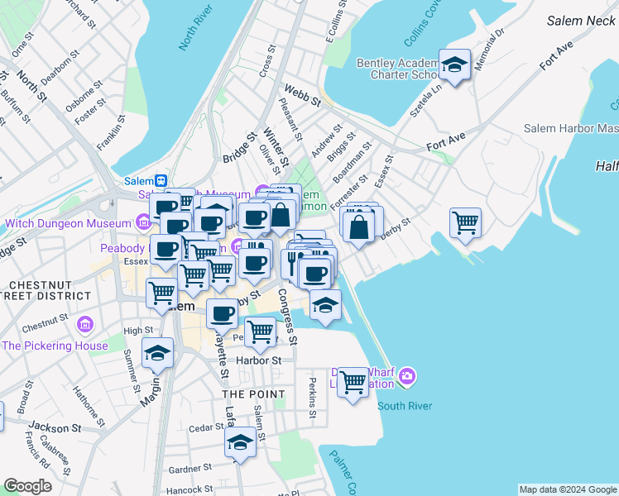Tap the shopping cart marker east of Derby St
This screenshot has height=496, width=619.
pyautogui.click(x=466, y=222)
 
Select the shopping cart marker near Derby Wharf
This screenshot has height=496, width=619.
pyautogui.click(x=353, y=382)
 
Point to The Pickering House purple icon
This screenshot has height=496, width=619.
pyautogui.click(x=84, y=323)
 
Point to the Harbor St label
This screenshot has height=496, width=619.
pyautogui.click(x=259, y=360)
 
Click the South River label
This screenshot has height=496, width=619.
pyautogui.click(x=405, y=406)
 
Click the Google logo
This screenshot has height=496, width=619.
pyautogui.click(x=28, y=486)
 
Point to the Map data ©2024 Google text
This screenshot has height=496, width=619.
pyautogui.click(x=567, y=489)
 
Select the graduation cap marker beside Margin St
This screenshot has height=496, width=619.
pyautogui.click(x=157, y=354)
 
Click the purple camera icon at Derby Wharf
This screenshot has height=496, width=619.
pyautogui.click(x=406, y=378)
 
